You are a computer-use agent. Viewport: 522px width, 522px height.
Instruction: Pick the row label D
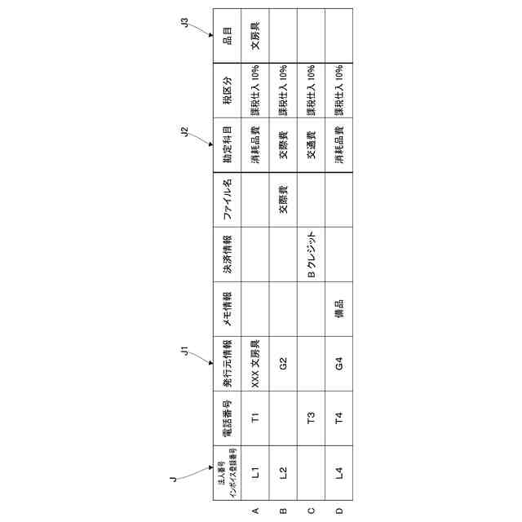click(x=338, y=511)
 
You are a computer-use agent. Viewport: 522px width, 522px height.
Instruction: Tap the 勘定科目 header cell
click(x=228, y=144)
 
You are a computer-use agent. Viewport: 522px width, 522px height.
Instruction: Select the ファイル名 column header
click(x=228, y=200)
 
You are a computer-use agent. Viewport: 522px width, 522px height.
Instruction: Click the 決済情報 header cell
click(x=228, y=254)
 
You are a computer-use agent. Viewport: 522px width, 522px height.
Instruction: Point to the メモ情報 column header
click(x=228, y=309)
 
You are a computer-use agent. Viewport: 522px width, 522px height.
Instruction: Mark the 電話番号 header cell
click(x=228, y=418)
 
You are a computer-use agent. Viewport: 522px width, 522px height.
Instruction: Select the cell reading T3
click(x=311, y=418)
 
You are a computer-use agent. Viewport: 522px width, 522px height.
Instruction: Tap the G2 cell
click(x=283, y=363)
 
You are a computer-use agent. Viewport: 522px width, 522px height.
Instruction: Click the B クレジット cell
click(x=311, y=254)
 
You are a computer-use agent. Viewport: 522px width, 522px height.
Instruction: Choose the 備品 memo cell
click(x=338, y=309)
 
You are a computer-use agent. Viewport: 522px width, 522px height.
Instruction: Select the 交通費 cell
click(x=311, y=144)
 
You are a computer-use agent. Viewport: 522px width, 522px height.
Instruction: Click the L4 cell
click(x=338, y=472)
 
